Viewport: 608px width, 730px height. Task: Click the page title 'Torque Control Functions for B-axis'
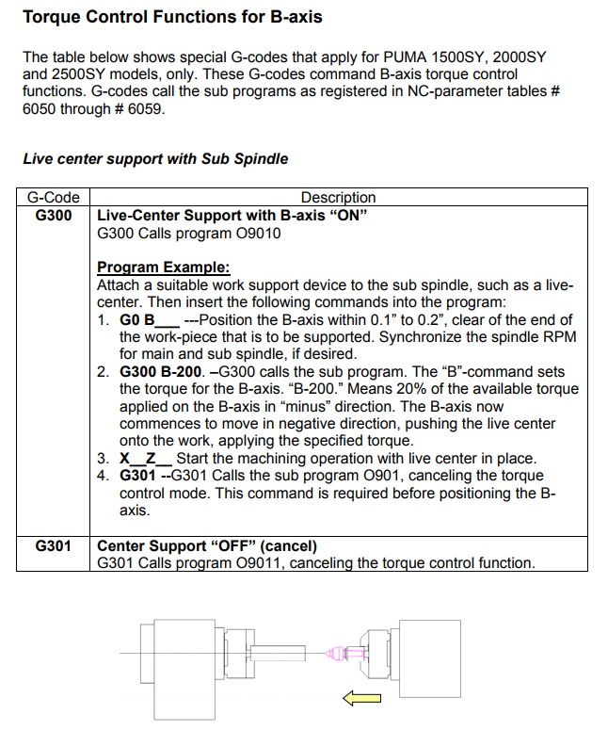pyautogui.click(x=171, y=16)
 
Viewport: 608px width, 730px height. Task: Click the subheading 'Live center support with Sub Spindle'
pyautogui.click(x=155, y=159)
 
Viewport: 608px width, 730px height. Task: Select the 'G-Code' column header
pyautogui.click(x=53, y=198)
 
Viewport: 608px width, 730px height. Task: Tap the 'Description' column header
pyautogui.click(x=338, y=198)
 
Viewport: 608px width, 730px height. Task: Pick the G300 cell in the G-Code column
pyautogui.click(x=53, y=216)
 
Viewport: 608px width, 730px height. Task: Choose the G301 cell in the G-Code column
pyautogui.click(x=53, y=546)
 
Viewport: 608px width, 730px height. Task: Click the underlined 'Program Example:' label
pyautogui.click(x=163, y=268)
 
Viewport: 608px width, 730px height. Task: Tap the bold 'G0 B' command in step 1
pyautogui.click(x=137, y=319)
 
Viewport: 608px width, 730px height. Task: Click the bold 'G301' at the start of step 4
pyautogui.click(x=137, y=476)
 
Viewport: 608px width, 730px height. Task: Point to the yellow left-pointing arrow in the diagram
pyautogui.click(x=361, y=698)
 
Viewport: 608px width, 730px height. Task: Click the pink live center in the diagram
pyautogui.click(x=336, y=652)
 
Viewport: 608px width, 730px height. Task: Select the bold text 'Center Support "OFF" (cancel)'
pyautogui.click(x=207, y=546)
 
